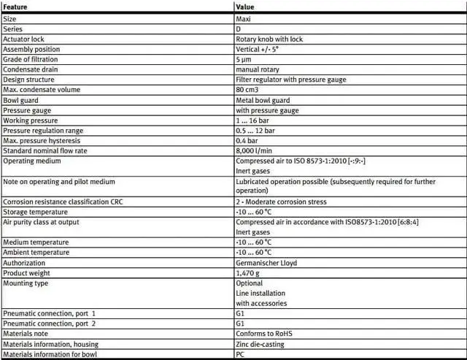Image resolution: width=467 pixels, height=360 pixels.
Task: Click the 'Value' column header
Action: (245, 7)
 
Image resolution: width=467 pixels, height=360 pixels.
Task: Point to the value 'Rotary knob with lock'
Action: (269, 39)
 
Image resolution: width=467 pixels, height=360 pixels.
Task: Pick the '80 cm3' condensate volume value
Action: (248, 90)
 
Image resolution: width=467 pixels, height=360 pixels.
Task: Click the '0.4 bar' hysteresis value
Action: (247, 140)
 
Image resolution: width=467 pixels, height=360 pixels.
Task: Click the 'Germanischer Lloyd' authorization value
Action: (266, 262)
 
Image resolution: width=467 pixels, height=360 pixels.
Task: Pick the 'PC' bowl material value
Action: (241, 354)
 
